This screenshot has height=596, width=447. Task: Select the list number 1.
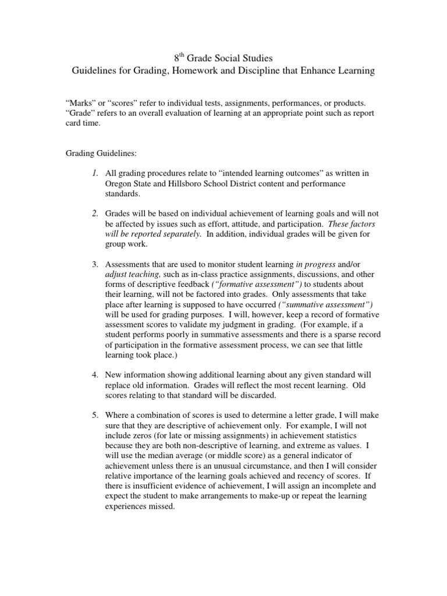pyautogui.click(x=94, y=173)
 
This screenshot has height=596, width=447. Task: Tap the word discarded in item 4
pyautogui.click(x=270, y=395)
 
